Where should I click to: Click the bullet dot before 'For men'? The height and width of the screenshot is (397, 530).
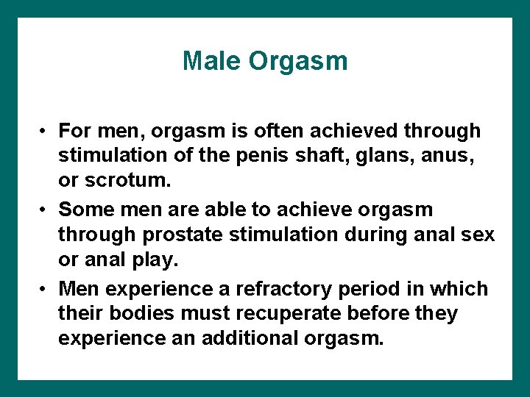click(45, 132)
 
